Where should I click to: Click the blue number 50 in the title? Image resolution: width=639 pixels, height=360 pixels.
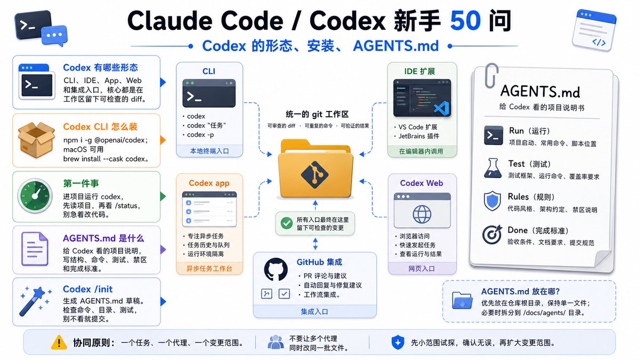tap(465, 21)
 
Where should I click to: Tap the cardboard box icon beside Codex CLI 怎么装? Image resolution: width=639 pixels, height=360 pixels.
tap(36, 140)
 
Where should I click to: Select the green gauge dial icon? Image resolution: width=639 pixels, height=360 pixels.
tap(35, 196)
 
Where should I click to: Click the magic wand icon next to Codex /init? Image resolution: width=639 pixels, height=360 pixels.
tap(35, 302)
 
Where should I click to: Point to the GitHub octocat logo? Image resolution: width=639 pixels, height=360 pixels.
tap(276, 269)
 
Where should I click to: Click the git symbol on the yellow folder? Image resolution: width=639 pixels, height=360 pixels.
tap(315, 174)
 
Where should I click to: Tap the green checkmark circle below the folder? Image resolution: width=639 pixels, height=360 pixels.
tap(287, 223)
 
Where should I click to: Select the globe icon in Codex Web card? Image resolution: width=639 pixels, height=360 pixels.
tap(422, 214)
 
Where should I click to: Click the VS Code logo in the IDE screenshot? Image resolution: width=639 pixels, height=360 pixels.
tap(441, 108)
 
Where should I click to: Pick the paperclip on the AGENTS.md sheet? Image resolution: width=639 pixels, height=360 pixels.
tap(491, 76)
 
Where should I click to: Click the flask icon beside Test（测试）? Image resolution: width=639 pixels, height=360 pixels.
tap(492, 168)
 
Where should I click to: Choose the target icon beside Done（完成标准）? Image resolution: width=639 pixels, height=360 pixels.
tap(492, 235)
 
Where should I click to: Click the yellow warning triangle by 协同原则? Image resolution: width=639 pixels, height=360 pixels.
tap(59, 342)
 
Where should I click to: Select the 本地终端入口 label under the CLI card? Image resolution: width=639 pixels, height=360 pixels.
tap(209, 151)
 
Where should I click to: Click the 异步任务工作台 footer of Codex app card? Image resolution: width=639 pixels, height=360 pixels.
tap(209, 269)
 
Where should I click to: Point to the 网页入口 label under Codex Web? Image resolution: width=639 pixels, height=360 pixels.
tap(422, 269)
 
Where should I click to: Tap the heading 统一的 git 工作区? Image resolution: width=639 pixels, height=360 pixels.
tap(317, 114)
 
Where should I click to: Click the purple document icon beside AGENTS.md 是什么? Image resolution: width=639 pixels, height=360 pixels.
tap(35, 249)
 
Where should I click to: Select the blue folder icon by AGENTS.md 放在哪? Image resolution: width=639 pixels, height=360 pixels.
tap(462, 301)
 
